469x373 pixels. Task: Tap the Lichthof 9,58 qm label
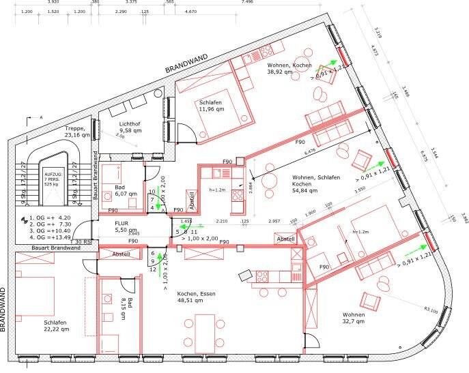coord(130,126)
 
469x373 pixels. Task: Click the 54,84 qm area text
coord(303,191)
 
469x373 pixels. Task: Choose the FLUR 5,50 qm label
coord(126,227)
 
